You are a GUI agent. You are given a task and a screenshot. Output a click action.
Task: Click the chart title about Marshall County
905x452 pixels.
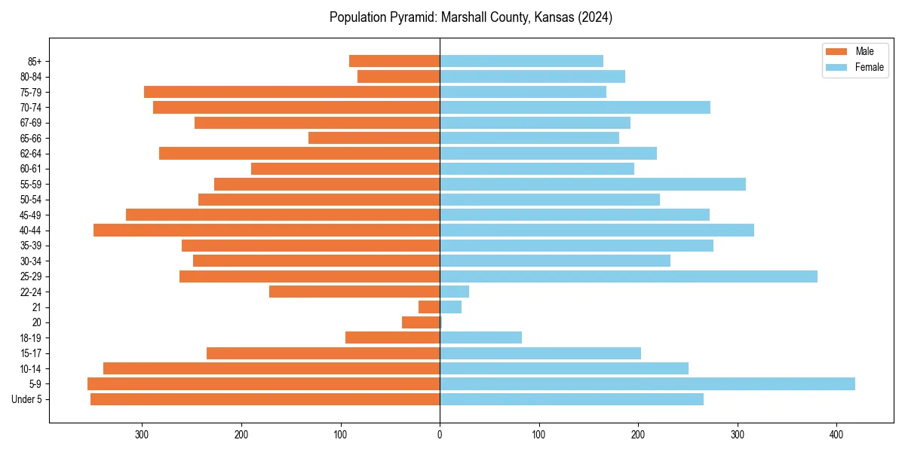point(471,17)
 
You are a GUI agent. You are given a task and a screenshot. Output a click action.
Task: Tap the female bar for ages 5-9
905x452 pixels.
point(647,383)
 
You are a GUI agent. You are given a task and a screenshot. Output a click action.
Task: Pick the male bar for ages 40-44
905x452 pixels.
point(266,230)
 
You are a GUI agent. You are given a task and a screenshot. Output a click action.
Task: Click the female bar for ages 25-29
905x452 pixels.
point(628,276)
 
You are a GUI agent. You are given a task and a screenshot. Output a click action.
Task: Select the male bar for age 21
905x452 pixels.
point(429,307)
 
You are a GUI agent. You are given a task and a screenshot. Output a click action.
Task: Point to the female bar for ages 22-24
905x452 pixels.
point(454,292)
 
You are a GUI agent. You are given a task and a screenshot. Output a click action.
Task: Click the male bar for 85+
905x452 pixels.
point(394,61)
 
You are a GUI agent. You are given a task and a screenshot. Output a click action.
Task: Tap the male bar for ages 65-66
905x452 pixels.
point(374,138)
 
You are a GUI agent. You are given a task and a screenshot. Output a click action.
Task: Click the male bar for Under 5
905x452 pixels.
point(265,399)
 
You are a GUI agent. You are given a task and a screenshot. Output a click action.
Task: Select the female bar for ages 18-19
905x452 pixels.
point(480,337)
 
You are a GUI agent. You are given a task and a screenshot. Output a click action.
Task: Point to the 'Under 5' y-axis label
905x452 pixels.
point(26,399)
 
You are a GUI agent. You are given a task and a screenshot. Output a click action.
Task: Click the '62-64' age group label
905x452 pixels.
point(31,154)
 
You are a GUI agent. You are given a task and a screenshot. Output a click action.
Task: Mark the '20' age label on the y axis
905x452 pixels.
point(36,322)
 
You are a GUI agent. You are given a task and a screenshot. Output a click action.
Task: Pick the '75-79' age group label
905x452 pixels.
point(31,92)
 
